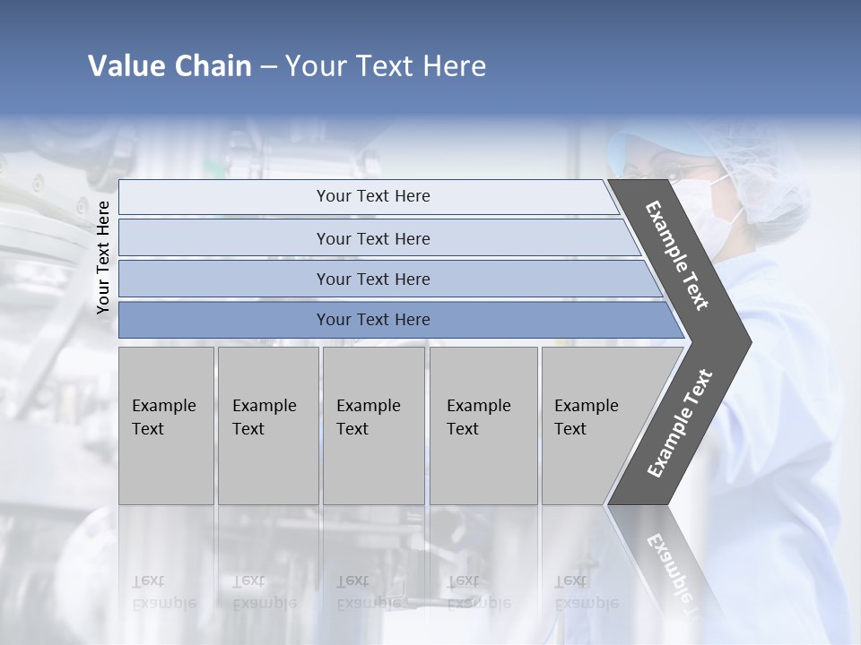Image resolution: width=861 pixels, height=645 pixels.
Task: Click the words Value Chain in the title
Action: (x=170, y=66)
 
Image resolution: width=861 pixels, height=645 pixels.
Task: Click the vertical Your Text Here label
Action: (x=103, y=257)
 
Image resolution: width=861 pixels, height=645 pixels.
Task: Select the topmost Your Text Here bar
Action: (x=372, y=196)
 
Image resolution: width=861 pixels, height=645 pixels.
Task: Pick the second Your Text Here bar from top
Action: (x=372, y=238)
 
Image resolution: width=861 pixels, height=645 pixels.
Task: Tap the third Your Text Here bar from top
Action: (x=372, y=279)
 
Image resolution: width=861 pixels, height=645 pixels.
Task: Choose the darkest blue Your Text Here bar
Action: (x=372, y=320)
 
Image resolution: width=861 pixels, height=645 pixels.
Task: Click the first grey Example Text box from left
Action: (x=166, y=426)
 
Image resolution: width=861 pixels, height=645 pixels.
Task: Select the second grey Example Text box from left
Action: (x=268, y=426)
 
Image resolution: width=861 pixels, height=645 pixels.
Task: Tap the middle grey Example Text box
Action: (x=373, y=426)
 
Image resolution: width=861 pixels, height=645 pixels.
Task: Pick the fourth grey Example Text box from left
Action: (x=483, y=426)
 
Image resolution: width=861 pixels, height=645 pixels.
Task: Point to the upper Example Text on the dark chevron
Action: (x=677, y=255)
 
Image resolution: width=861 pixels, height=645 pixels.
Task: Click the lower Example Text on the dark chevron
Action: (x=680, y=424)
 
